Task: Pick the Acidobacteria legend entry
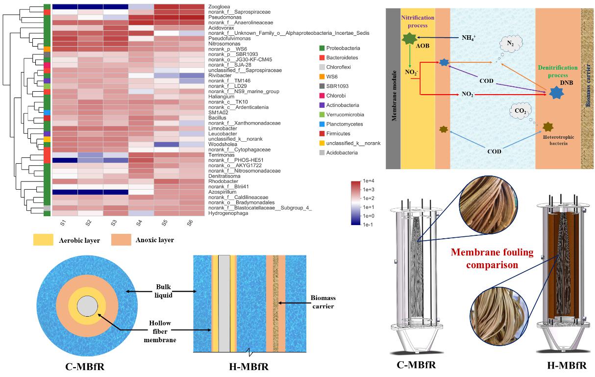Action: tap(342, 153)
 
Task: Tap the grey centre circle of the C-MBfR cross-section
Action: tap(87, 307)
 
